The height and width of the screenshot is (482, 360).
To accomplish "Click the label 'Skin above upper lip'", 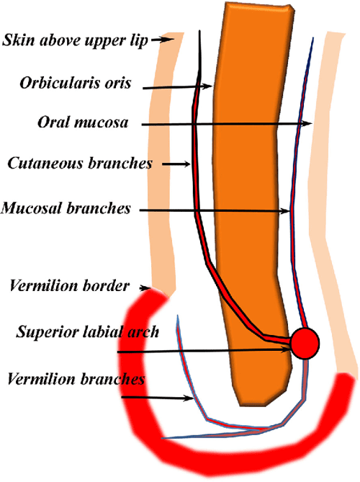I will (75, 40).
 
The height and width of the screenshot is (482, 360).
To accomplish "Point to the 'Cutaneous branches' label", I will (80, 164).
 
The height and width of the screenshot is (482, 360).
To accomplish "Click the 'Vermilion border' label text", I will (69, 286).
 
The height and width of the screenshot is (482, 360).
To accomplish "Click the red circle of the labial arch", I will (305, 342).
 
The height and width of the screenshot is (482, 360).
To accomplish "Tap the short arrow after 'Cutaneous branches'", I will (177, 164).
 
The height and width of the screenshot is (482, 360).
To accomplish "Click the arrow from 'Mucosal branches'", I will (216, 210).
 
